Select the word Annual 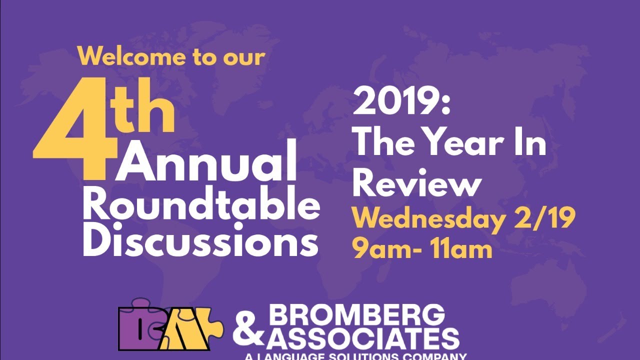[x=206, y=161]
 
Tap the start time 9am [x=382, y=248]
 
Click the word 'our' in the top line [x=243, y=56]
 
